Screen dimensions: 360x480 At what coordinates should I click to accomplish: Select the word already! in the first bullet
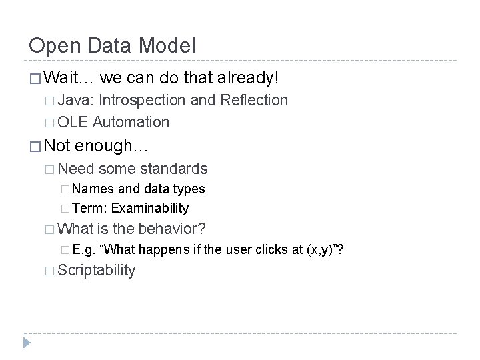[248, 79]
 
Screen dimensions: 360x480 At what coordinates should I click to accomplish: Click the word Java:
[78, 101]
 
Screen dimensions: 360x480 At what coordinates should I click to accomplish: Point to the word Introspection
[145, 101]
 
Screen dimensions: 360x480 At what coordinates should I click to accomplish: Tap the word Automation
[131, 122]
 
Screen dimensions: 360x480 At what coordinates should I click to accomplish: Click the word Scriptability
[97, 271]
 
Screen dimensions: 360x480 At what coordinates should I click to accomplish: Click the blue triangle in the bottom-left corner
[27, 343]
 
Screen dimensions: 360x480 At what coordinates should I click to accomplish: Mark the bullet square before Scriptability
[51, 271]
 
